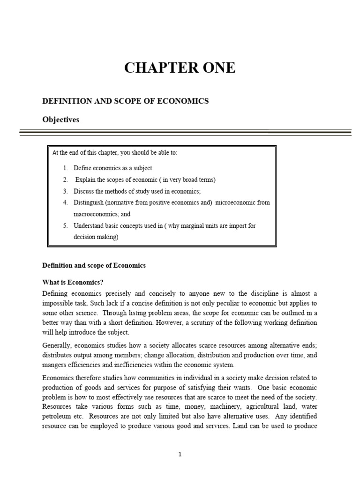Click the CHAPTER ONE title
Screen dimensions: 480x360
click(180, 68)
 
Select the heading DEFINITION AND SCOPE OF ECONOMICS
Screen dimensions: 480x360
click(126, 101)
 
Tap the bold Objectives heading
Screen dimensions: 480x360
click(61, 120)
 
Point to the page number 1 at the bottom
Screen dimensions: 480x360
click(180, 454)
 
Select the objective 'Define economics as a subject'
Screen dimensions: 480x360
click(112, 168)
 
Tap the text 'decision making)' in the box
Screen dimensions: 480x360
click(96, 237)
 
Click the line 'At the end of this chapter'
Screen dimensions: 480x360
click(115, 153)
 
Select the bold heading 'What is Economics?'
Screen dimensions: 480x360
click(73, 282)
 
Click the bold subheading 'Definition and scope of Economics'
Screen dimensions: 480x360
click(94, 265)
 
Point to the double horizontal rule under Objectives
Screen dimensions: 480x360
click(185, 133)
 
